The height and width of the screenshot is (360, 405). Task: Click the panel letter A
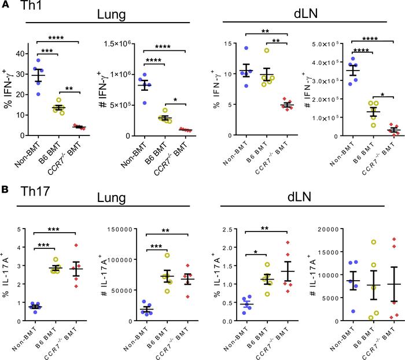click(x=5, y=5)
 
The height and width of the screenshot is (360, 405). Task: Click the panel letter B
click(x=5, y=189)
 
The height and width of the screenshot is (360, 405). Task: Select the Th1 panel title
click(x=31, y=5)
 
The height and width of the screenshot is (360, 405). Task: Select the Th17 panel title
click(x=35, y=191)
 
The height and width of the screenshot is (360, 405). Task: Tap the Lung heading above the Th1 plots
click(x=111, y=14)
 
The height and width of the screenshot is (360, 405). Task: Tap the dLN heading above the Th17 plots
click(x=299, y=197)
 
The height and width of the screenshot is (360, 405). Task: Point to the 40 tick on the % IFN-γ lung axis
click(x=20, y=54)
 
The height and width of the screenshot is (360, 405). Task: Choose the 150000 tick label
click(x=120, y=229)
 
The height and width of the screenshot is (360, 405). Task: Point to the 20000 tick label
click(x=328, y=229)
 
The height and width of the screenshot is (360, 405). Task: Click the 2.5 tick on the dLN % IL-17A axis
click(x=227, y=229)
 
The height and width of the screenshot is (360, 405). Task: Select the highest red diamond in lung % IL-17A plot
click(x=76, y=245)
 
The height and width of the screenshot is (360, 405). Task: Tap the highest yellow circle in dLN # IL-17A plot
click(x=374, y=242)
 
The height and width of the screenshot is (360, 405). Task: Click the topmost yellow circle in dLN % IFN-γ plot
click(x=267, y=50)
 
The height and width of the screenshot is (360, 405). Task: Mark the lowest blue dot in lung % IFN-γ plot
click(x=38, y=94)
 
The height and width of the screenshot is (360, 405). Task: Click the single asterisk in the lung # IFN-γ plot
click(x=175, y=100)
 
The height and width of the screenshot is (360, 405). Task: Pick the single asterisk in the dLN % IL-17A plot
click(x=256, y=252)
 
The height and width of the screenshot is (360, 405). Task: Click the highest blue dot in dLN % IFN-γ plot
click(x=246, y=48)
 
